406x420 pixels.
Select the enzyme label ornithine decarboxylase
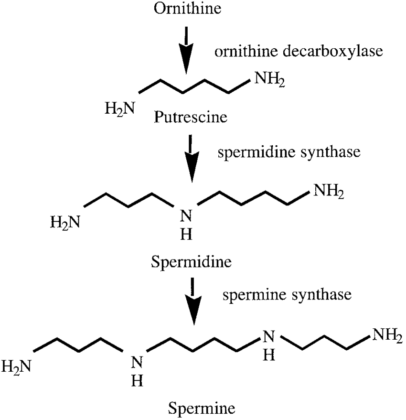pos(299,51)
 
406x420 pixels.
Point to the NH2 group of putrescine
pos(269,77)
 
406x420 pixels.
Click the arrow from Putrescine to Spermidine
pos(192,158)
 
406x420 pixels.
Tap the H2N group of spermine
pos(17,366)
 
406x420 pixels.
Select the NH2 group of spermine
pos(386,336)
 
